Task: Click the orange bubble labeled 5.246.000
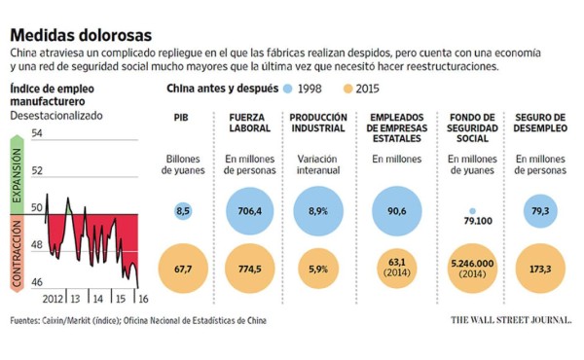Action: (471, 268)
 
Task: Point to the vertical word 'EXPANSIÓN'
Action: (17, 173)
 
